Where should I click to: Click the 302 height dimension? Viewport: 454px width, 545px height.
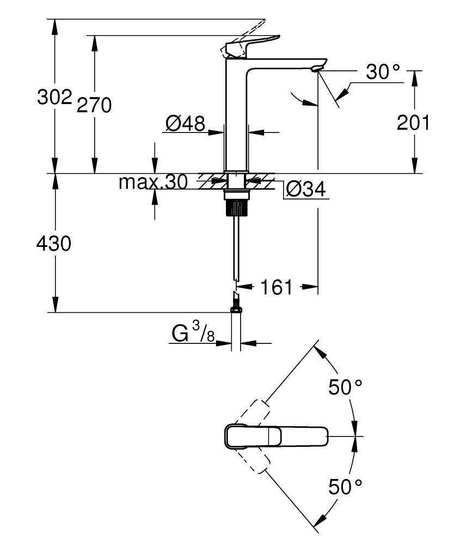[54, 98]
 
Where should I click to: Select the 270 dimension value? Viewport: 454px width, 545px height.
[94, 104]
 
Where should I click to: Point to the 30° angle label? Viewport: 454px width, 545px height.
[383, 72]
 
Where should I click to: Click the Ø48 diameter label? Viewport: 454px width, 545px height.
[185, 124]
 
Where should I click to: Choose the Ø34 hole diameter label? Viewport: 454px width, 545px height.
[305, 189]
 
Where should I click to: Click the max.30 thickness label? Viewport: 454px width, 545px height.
[153, 181]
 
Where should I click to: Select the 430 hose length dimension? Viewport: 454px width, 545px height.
[54, 244]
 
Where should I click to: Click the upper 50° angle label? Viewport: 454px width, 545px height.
[345, 387]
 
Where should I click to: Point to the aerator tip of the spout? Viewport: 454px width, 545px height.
[317, 69]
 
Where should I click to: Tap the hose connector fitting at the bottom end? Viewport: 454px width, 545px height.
[236, 302]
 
